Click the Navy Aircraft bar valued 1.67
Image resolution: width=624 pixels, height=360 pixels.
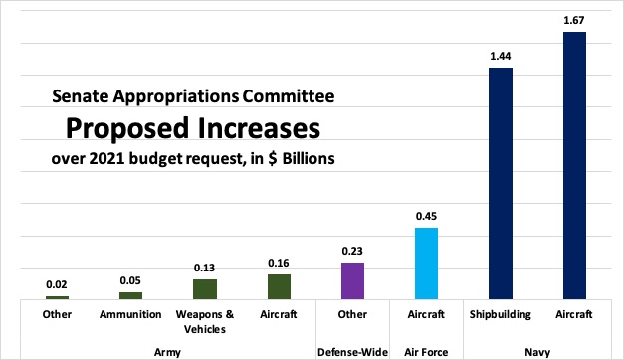click(574, 165)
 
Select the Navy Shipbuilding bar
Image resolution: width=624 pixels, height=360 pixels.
click(500, 183)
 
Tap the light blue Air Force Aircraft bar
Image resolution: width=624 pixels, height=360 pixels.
click(426, 264)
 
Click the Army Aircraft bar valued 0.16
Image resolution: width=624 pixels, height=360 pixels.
click(279, 286)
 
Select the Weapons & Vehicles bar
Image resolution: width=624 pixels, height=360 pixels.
click(205, 288)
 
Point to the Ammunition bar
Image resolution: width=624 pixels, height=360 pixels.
click(131, 295)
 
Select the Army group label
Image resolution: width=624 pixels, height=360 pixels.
click(167, 351)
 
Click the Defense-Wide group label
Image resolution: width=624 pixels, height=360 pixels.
click(352, 351)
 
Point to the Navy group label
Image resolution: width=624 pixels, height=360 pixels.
click(537, 351)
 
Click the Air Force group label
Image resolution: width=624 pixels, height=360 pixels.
click(426, 351)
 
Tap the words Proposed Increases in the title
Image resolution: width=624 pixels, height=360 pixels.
click(193, 129)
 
